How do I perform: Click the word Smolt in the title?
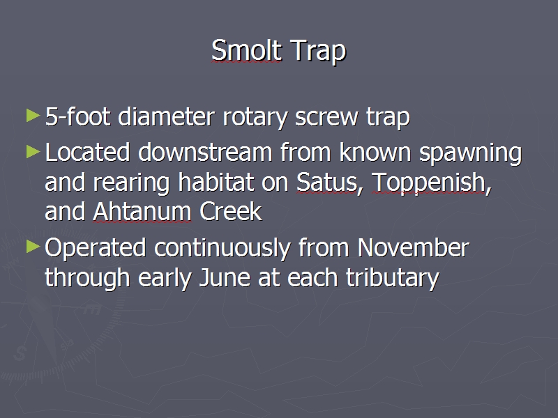tap(247, 50)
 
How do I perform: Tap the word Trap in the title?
tap(318, 52)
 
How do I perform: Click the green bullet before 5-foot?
tap(33, 116)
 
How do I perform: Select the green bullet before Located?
tap(33, 152)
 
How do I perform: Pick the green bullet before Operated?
tap(33, 247)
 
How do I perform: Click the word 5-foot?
tap(77, 116)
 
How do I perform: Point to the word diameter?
tap(166, 116)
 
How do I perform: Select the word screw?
tap(326, 118)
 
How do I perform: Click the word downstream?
tap(205, 152)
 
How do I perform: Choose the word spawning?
tap(470, 154)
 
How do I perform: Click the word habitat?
tap(216, 182)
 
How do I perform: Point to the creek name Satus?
tap(327, 183)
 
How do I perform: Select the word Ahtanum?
tap(142, 212)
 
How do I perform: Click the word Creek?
tap(231, 212)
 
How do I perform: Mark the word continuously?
tap(222, 249)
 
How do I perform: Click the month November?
tap(414, 247)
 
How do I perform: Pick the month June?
tap(225, 277)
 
